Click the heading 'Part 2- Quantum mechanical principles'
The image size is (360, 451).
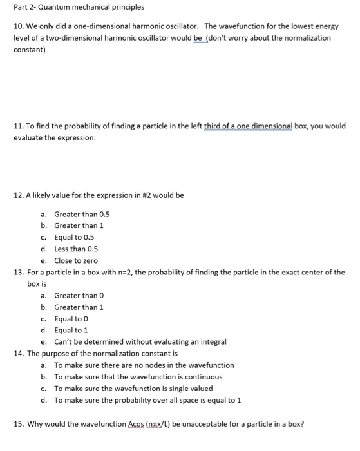pyautogui.click(x=79, y=7)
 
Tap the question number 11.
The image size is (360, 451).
pyautogui.click(x=19, y=126)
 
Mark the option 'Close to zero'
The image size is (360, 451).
pyautogui.click(x=76, y=260)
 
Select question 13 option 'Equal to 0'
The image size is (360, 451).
pyautogui.click(x=74, y=319)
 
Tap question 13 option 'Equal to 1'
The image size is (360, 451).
pyautogui.click(x=74, y=331)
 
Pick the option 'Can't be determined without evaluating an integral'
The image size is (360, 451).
pyautogui.click(x=140, y=342)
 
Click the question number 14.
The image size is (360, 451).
pyautogui.click(x=19, y=354)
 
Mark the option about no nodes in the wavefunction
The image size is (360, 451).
pyautogui.click(x=144, y=365)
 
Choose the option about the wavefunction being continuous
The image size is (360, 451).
pyautogui.click(x=138, y=377)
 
